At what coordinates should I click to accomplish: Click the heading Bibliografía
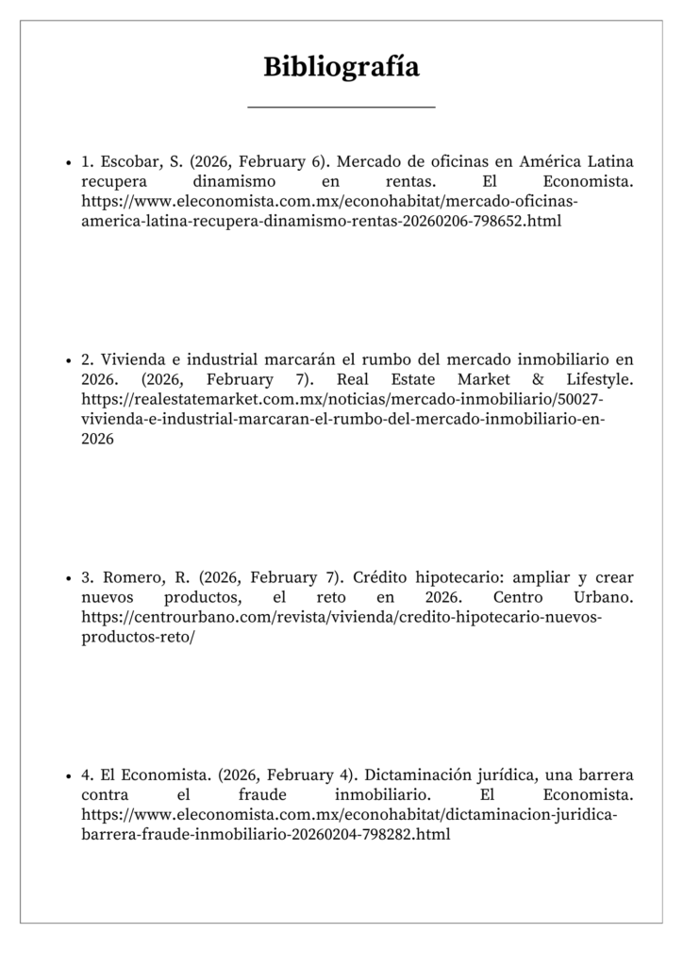tap(341, 68)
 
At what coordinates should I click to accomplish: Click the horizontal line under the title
tap(341, 108)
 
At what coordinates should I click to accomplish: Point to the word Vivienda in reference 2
tap(132, 359)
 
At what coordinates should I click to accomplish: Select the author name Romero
tap(131, 577)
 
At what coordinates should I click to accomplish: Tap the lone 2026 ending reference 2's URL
tap(97, 439)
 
